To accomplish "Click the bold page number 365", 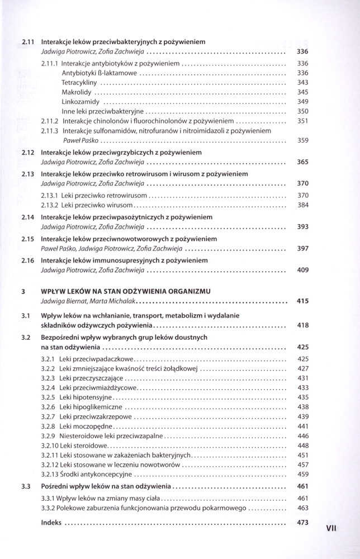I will click(302, 162).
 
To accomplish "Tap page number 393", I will click(302, 227).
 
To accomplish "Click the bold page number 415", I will click(302, 302).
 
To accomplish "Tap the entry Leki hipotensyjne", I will click(86, 397).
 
